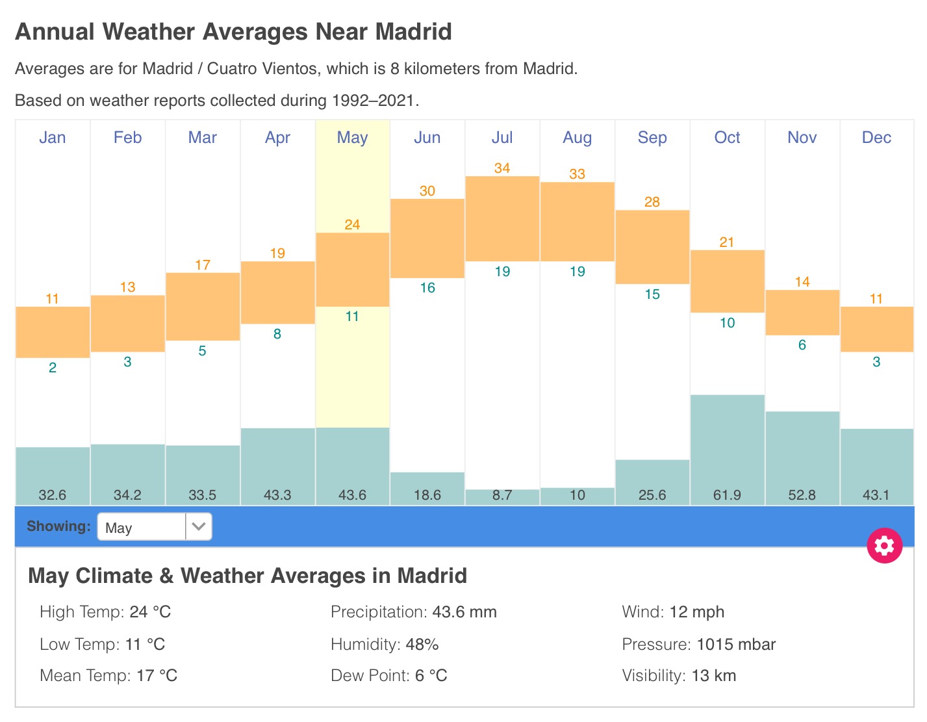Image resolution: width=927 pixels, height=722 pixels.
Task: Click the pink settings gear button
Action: (884, 545)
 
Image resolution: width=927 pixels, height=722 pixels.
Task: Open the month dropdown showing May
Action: (155, 527)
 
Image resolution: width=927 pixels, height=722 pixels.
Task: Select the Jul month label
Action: (502, 138)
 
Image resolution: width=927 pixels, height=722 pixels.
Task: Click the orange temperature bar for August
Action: (577, 222)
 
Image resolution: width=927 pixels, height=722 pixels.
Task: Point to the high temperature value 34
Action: (502, 168)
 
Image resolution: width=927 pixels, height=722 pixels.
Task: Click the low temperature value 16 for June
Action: (427, 288)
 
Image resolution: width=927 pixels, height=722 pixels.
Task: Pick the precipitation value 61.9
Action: (727, 495)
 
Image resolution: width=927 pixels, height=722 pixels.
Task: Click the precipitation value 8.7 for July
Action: (502, 495)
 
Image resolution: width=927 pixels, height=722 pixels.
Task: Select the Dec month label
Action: (876, 138)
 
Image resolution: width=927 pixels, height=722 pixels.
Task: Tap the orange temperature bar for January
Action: (53, 332)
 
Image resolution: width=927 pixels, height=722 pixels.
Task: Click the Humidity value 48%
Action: (422, 645)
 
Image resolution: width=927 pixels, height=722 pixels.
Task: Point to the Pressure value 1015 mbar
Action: (736, 645)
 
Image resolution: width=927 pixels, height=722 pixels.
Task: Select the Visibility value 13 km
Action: (713, 676)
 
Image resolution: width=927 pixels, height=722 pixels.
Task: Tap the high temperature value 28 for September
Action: (652, 202)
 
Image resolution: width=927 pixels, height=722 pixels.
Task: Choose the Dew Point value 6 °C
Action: (431, 676)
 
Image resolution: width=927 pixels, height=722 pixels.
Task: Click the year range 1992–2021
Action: (373, 101)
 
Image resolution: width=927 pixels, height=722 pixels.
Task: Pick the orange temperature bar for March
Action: (203, 307)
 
